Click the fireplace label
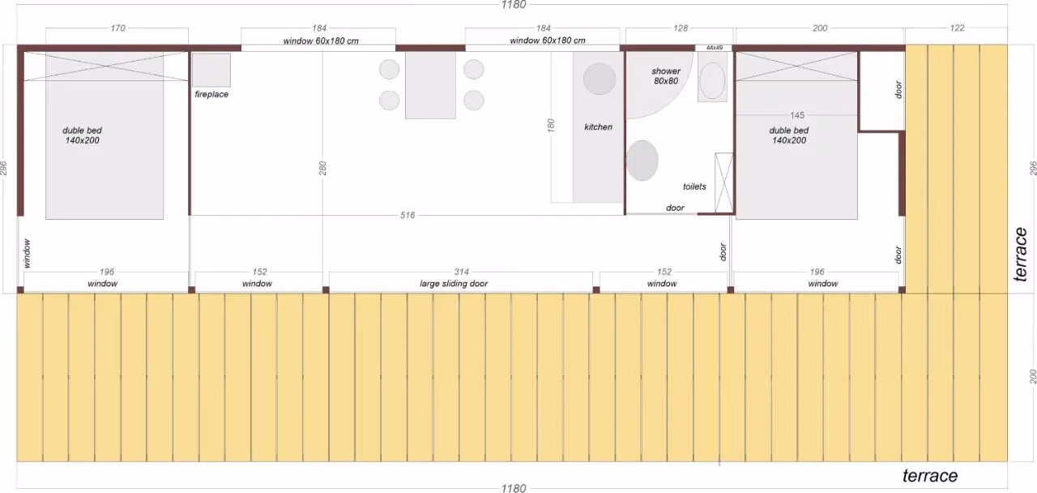click(211, 95)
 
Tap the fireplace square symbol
click(211, 70)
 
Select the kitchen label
click(598, 127)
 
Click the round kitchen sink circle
click(600, 79)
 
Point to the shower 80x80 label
click(666, 76)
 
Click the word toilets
click(694, 186)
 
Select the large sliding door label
click(454, 284)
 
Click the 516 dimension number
click(408, 215)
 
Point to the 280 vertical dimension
click(322, 168)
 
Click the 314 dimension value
click(461, 272)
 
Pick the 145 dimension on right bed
click(797, 115)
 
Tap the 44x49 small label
click(715, 48)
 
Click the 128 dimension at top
click(681, 28)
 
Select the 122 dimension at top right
click(957, 28)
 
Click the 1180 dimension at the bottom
click(514, 488)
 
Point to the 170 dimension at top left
click(117, 28)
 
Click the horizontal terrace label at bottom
click(930, 476)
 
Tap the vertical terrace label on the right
click(1020, 255)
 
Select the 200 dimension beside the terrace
click(1033, 376)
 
